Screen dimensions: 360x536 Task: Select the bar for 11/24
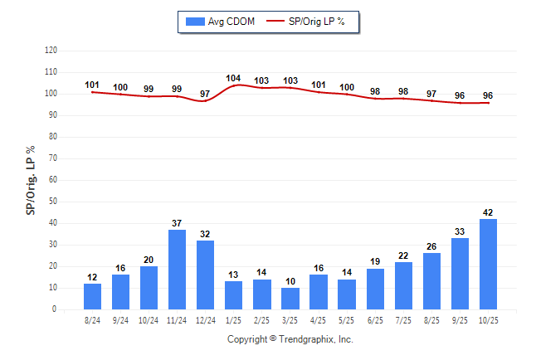(177, 270)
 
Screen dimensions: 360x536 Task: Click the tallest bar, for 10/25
(488, 264)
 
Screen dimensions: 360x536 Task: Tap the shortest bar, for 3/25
(290, 299)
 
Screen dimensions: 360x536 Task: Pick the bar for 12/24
(206, 275)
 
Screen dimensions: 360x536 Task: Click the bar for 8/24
(92, 296)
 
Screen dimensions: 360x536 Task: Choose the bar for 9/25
(460, 274)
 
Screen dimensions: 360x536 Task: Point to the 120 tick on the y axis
(51, 51)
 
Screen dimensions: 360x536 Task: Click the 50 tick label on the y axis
(53, 202)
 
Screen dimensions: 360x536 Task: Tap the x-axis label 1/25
(233, 320)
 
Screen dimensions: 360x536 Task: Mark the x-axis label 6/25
(375, 320)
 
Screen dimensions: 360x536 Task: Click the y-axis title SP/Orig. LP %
(31, 178)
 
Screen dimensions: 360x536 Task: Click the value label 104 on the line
(233, 79)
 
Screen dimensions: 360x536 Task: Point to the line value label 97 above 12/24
(205, 94)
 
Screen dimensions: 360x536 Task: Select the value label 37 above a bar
(177, 223)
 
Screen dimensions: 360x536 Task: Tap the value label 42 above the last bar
(488, 212)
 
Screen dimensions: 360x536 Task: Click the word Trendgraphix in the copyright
(307, 339)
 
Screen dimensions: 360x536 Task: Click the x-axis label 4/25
(319, 320)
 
